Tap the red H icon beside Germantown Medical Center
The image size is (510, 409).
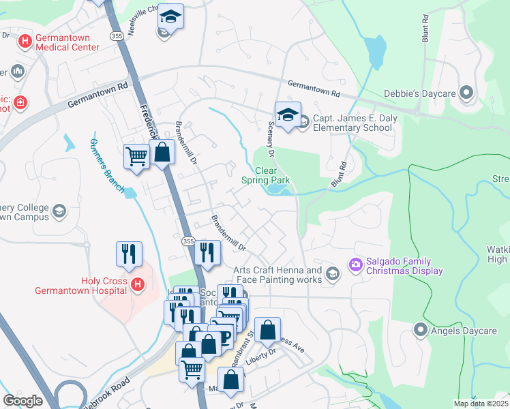pos(25,42)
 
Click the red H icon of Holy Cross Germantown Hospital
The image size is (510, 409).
pos(137,284)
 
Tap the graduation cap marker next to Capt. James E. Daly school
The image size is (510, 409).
pos(288,115)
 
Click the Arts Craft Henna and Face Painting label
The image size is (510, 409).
pos(277,275)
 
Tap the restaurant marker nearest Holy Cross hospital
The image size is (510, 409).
pos(129,254)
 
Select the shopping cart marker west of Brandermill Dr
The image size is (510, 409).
pos(136,156)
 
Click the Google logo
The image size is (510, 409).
pos(22,400)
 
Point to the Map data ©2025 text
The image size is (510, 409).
pos(480,404)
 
